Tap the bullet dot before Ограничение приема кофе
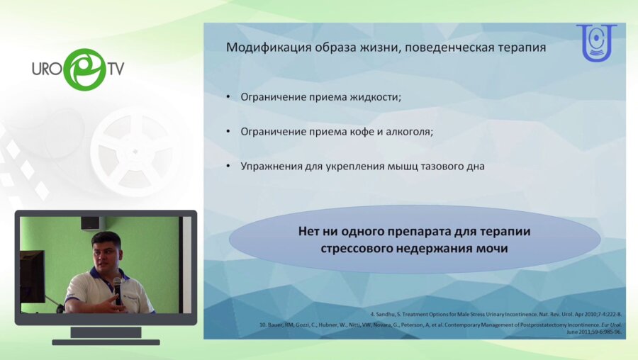coord(228,132)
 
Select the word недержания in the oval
coord(429,249)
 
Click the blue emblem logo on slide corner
coord(596,44)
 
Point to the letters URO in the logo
coord(47,69)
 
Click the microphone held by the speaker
coord(117,286)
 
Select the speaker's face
coord(107,252)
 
